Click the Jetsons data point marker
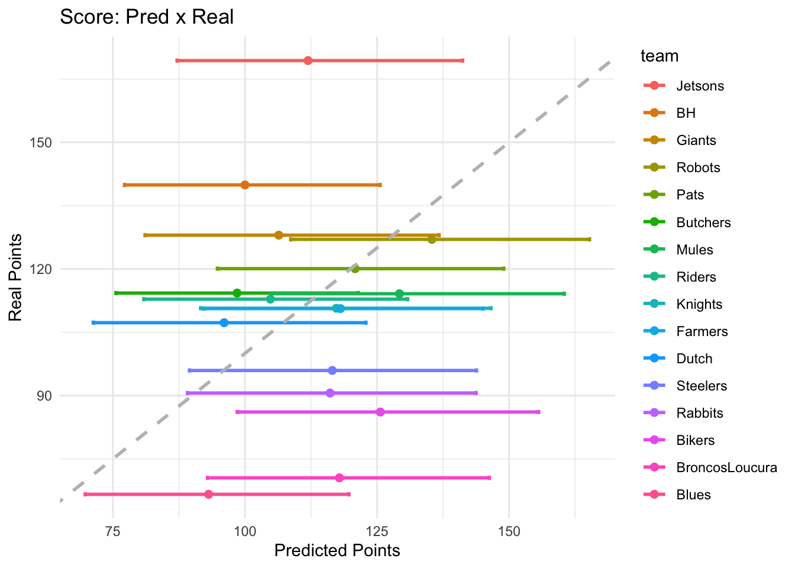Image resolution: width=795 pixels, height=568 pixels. (308, 60)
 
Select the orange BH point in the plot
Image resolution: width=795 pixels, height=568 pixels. (245, 185)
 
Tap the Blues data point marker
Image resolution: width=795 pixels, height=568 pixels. (208, 494)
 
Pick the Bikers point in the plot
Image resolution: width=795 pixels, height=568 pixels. (380, 412)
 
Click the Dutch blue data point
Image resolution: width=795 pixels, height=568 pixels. (224, 322)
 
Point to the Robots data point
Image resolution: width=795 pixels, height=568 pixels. (432, 239)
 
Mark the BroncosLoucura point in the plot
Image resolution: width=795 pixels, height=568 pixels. (339, 477)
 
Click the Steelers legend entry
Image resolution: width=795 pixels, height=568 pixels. (701, 386)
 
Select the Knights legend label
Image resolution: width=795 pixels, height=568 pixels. (699, 304)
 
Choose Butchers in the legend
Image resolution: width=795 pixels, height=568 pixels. (703, 222)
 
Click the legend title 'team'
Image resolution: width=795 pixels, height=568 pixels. (660, 56)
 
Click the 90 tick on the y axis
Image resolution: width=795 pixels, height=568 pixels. (44, 395)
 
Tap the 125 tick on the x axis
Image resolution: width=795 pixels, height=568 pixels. (377, 531)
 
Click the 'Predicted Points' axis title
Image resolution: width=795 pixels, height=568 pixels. (337, 551)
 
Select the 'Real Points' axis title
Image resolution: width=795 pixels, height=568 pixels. (16, 277)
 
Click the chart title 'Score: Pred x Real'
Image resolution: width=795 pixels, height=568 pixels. (147, 17)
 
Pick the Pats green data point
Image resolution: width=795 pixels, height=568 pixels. (355, 269)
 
